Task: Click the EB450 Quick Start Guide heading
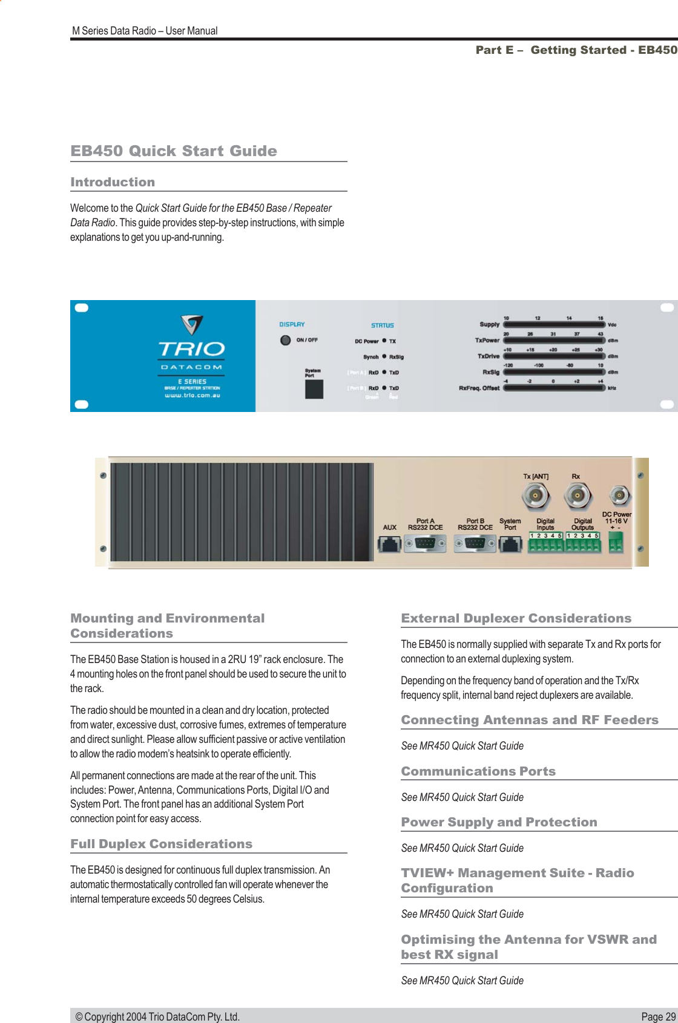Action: [174, 151]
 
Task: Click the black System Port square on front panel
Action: [314, 389]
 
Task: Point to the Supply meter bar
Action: [554, 324]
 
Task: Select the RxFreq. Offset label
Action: [479, 388]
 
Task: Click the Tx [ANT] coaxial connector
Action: [536, 496]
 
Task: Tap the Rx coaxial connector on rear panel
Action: [577, 496]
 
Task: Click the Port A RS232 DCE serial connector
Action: [425, 544]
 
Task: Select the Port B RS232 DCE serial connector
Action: [475, 544]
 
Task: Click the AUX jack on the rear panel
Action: [389, 544]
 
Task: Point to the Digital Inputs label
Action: [545, 524]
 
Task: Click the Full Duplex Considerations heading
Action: [161, 844]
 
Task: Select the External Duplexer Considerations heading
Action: [516, 618]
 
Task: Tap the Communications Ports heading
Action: [478, 771]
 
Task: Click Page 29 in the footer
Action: [658, 1016]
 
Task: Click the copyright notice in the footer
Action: [157, 1016]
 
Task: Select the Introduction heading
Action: [113, 182]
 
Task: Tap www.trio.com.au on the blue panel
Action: [192, 396]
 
